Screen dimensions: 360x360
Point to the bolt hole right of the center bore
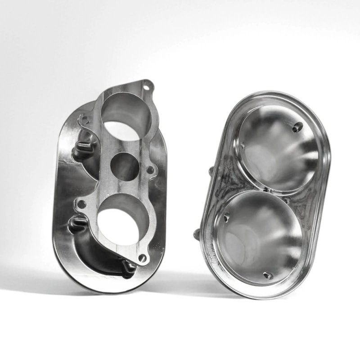(151, 170)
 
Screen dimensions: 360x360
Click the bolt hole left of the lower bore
(81, 204)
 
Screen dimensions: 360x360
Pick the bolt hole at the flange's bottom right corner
(143, 258)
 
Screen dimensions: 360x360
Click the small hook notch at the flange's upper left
(82, 120)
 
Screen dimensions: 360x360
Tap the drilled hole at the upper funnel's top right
(297, 128)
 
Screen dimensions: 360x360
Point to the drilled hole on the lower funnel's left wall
(226, 218)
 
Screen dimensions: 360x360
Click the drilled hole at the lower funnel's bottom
(268, 275)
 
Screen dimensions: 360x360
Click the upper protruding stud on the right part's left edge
(211, 171)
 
